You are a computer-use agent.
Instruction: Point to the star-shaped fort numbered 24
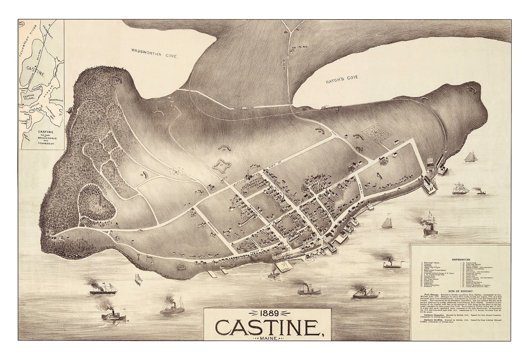[221, 165]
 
